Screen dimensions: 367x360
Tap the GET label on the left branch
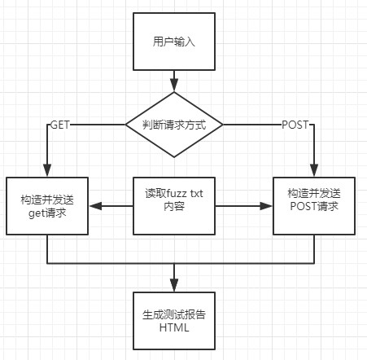click(x=60, y=125)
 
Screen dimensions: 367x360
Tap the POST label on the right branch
click(x=295, y=125)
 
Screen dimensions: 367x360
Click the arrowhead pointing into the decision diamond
click(x=174, y=85)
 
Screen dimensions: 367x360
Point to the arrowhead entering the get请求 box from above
click(x=47, y=170)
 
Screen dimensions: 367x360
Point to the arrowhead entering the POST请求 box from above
click(x=314, y=170)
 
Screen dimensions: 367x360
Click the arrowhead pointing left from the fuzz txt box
click(x=95, y=206)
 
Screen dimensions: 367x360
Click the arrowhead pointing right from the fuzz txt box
click(x=266, y=206)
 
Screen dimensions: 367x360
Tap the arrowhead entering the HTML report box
click(x=174, y=285)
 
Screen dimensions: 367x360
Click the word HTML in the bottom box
click(x=174, y=327)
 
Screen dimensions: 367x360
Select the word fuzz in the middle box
click(x=177, y=194)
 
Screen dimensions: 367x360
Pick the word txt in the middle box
click(x=196, y=194)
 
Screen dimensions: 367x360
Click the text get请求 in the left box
click(x=47, y=213)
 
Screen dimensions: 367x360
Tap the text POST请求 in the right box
click(x=314, y=206)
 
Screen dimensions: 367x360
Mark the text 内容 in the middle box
click(x=174, y=207)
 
